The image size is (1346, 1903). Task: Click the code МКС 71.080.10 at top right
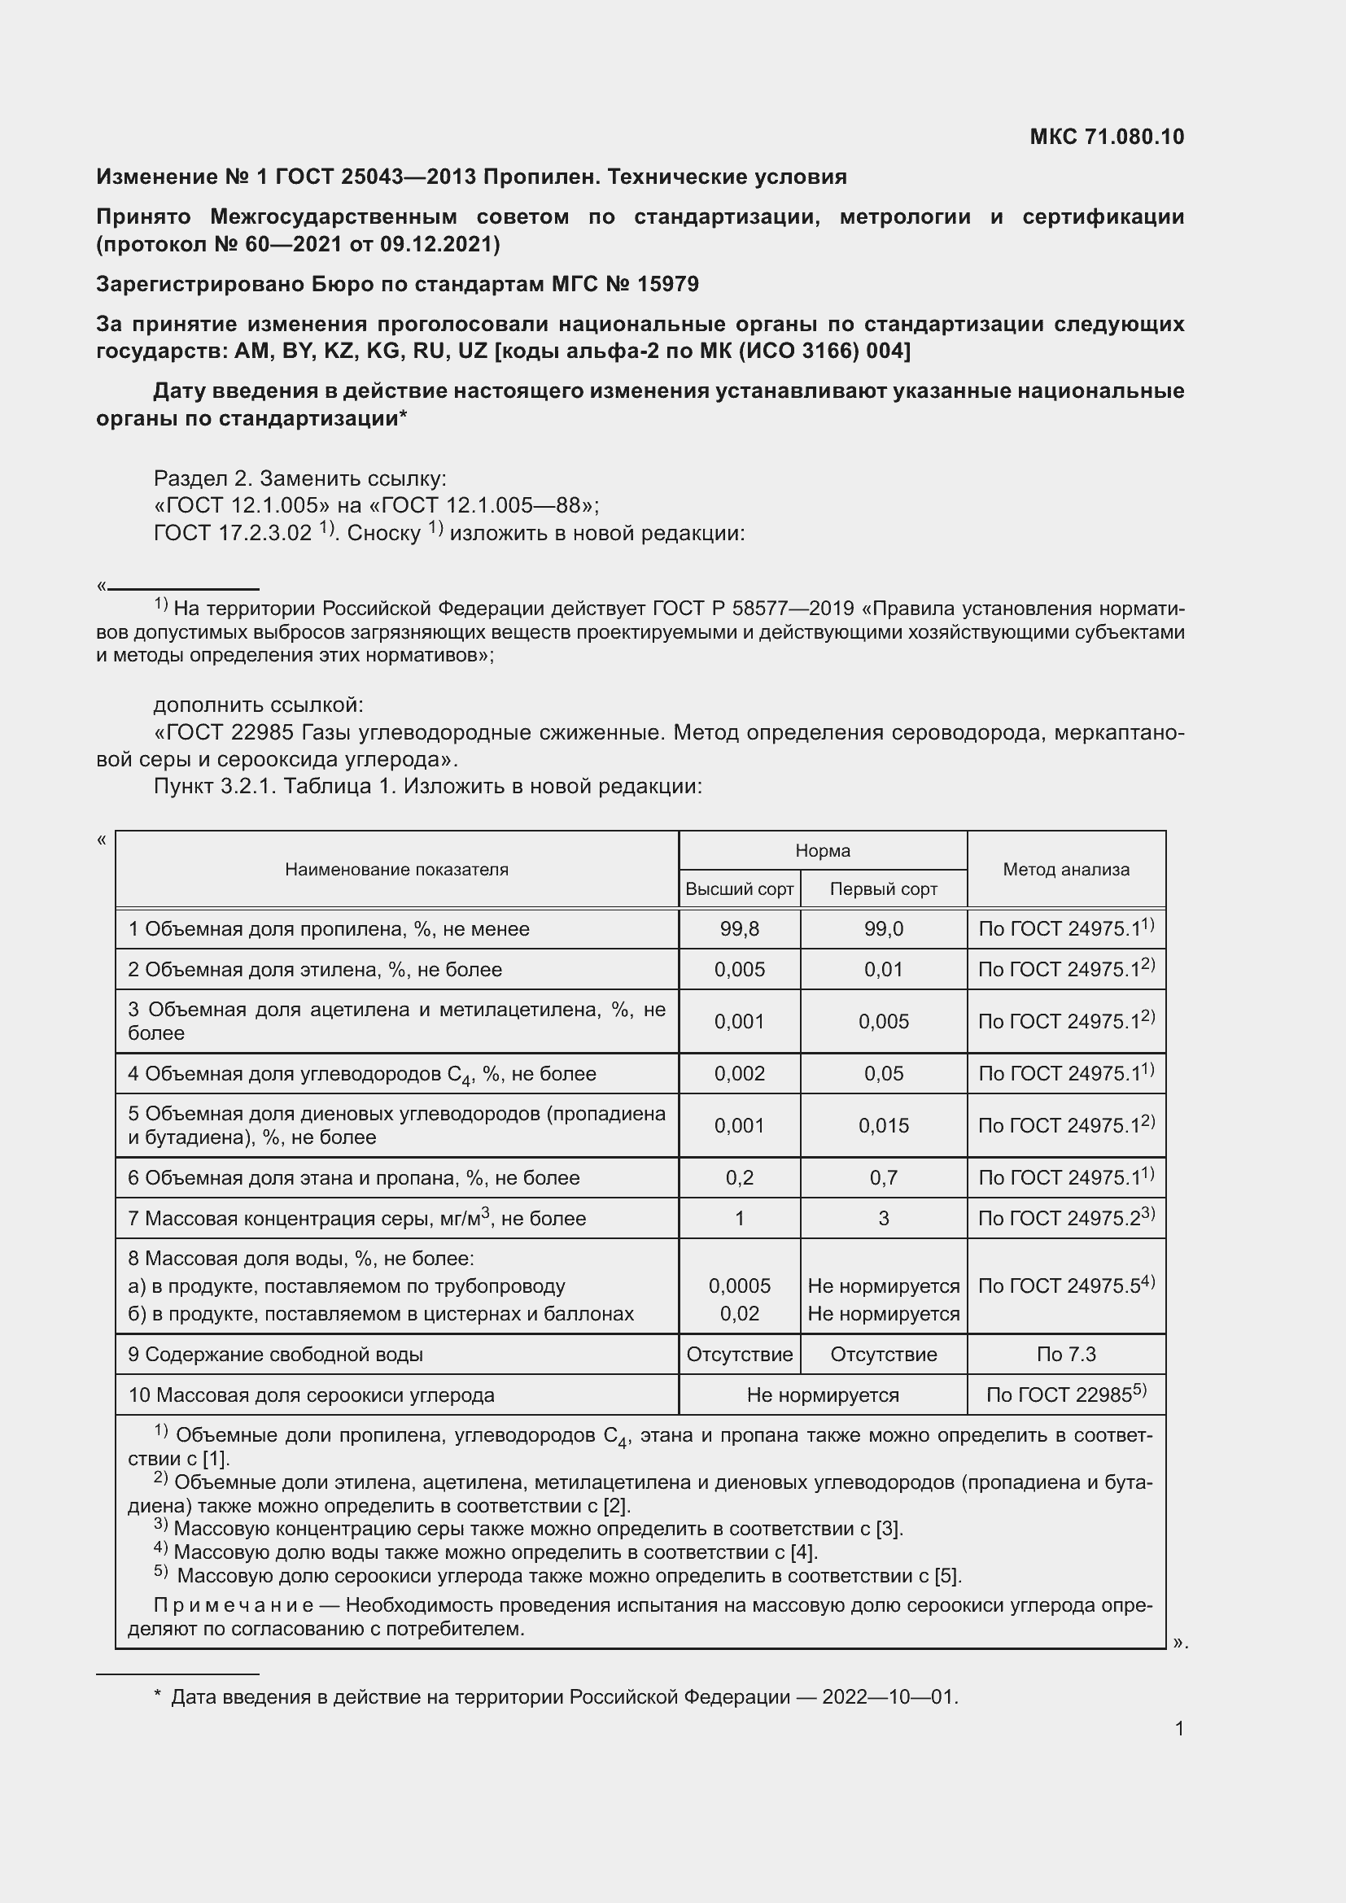tap(1107, 137)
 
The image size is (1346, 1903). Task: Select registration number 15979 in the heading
tap(668, 284)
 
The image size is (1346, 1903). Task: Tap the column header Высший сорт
tap(739, 889)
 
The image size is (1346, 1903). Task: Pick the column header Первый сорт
tap(884, 889)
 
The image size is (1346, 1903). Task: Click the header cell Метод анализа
tap(1066, 870)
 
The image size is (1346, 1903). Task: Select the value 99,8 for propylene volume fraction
tap(739, 929)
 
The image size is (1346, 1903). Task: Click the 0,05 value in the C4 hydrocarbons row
tap(884, 1074)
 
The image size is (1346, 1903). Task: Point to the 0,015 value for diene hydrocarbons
tap(884, 1125)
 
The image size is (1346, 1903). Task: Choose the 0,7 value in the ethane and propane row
tap(884, 1178)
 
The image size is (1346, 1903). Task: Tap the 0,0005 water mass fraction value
tap(739, 1286)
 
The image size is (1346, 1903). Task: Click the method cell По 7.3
tap(1066, 1355)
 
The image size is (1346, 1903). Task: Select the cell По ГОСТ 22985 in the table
tap(1066, 1395)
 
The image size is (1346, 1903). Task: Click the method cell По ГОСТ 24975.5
tap(1066, 1286)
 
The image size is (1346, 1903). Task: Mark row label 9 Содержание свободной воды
tap(275, 1355)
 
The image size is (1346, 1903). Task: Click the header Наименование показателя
tap(396, 870)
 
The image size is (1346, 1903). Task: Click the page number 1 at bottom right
tap(1178, 1728)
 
